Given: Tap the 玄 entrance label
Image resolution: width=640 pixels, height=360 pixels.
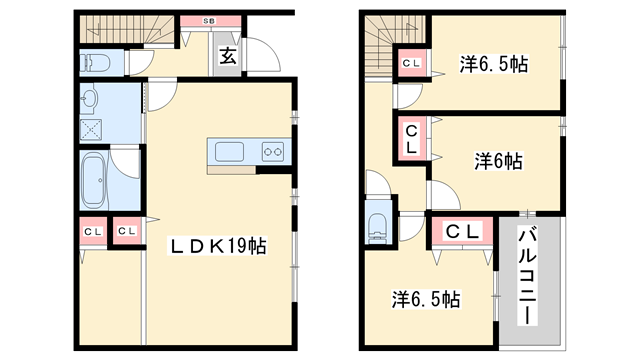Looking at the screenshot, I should [229, 57].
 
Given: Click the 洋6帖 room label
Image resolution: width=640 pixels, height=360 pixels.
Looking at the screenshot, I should [497, 160].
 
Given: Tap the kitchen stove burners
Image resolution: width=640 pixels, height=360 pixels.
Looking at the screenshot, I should [271, 151].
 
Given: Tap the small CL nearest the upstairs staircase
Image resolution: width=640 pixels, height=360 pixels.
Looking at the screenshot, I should [411, 64].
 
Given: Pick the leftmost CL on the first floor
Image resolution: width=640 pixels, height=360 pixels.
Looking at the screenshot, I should [92, 232].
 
